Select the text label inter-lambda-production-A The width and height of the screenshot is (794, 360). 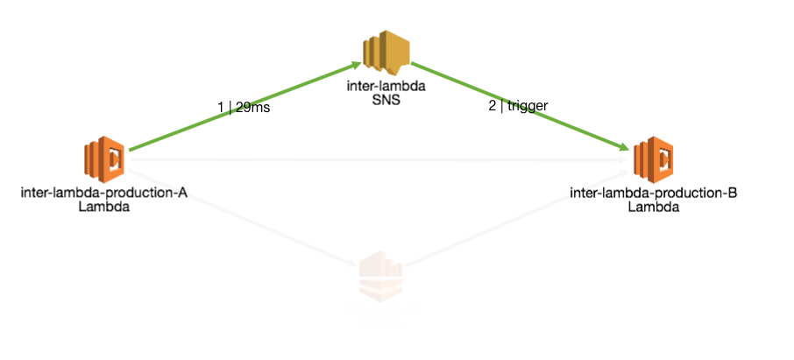(x=104, y=194)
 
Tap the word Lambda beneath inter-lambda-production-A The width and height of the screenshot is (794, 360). (x=104, y=208)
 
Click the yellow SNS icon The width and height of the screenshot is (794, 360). (x=387, y=53)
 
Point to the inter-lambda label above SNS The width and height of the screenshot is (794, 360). (x=387, y=88)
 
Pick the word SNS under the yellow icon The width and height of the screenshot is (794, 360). (x=387, y=102)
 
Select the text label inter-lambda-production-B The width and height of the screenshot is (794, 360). (x=653, y=194)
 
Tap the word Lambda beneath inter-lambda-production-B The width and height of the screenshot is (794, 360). (x=653, y=208)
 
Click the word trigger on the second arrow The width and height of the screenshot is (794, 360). (x=528, y=106)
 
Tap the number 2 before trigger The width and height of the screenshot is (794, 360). (x=493, y=106)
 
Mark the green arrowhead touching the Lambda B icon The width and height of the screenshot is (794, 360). (x=624, y=149)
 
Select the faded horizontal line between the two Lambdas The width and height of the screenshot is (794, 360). (x=377, y=160)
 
